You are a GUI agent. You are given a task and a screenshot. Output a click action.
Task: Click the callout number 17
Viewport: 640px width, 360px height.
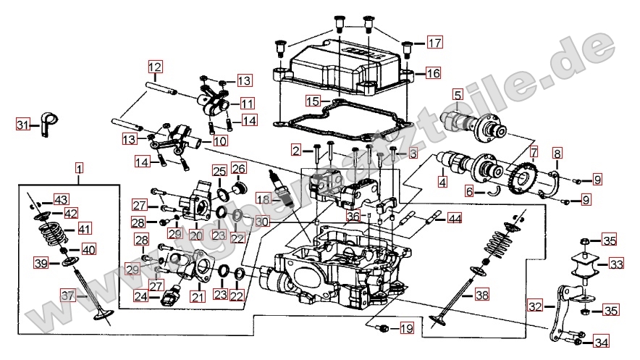pyautogui.click(x=433, y=43)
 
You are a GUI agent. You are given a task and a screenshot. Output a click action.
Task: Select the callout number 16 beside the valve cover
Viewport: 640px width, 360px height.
pyautogui.click(x=432, y=73)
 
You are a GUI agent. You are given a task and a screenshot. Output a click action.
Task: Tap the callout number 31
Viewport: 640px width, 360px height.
pyautogui.click(x=22, y=125)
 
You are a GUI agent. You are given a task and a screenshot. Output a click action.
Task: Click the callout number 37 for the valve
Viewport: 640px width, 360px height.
pyautogui.click(x=67, y=296)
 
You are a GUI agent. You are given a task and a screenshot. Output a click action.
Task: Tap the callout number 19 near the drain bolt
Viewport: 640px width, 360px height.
pyautogui.click(x=406, y=329)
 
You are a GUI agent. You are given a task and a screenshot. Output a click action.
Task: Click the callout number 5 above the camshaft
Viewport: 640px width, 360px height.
pyautogui.click(x=458, y=94)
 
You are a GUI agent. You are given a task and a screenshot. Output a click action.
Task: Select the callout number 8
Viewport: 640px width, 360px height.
pyautogui.click(x=557, y=154)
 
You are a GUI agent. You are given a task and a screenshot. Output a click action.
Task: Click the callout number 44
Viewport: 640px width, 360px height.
pyautogui.click(x=454, y=217)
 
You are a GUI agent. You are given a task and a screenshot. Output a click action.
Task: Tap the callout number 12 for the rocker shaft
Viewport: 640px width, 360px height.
pyautogui.click(x=154, y=68)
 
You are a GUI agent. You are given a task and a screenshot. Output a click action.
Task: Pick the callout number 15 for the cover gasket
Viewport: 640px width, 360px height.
pyautogui.click(x=312, y=100)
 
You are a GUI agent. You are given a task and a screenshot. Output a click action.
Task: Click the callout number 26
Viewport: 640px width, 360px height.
pyautogui.click(x=239, y=169)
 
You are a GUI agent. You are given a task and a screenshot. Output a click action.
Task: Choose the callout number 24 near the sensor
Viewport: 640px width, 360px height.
pyautogui.click(x=141, y=296)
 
